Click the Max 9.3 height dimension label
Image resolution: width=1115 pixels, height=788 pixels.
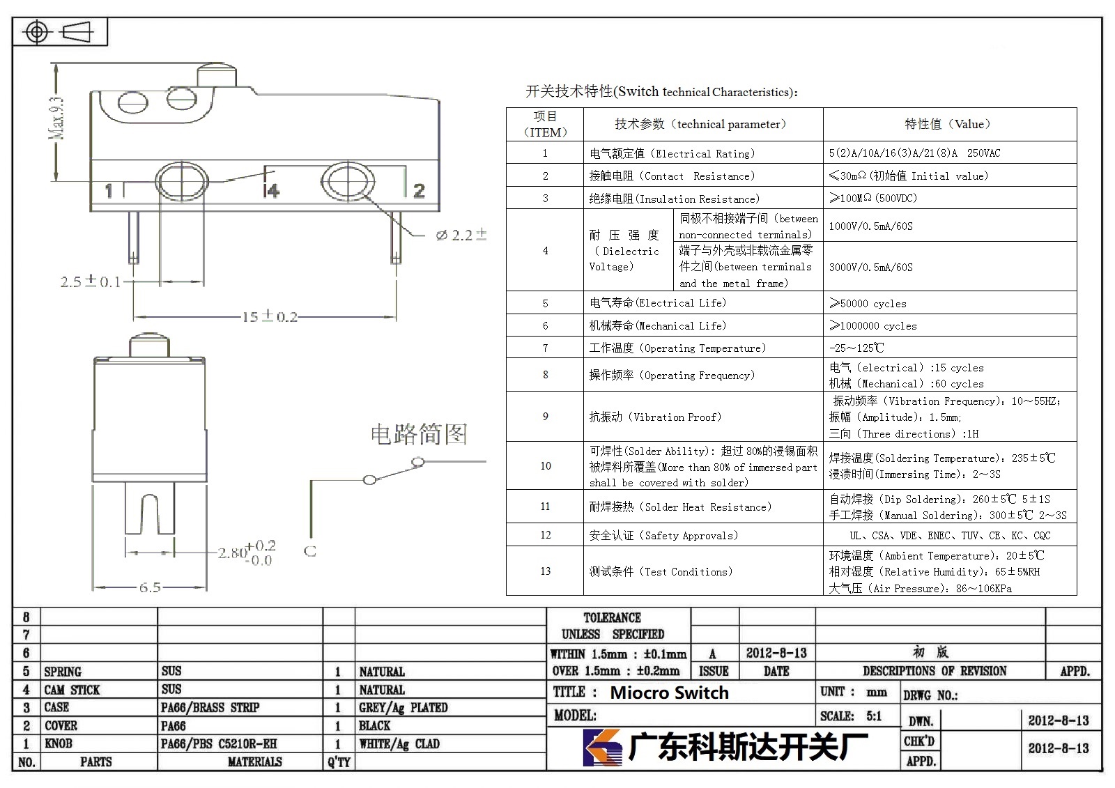pyautogui.click(x=56, y=118)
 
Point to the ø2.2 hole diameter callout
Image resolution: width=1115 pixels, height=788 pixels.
pyautogui.click(x=461, y=235)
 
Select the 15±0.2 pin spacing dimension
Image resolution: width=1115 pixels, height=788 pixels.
pyautogui.click(x=269, y=316)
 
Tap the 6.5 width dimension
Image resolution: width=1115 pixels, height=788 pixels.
pyautogui.click(x=150, y=587)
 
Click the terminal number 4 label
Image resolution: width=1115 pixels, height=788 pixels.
pyautogui.click(x=272, y=191)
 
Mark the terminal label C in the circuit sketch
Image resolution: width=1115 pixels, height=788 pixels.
pyautogui.click(x=309, y=551)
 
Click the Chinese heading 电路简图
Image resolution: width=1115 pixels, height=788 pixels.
pyautogui.click(x=419, y=434)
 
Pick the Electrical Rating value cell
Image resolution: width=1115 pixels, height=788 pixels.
pyautogui.click(x=950, y=153)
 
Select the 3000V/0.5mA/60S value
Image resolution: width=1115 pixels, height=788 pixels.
pyautogui.click(x=871, y=268)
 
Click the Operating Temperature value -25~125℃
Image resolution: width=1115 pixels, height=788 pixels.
pyautogui.click(x=856, y=348)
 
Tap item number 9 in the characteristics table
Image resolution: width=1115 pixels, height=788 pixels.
pyautogui.click(x=546, y=417)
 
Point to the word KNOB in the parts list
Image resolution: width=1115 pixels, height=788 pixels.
pyautogui.click(x=59, y=743)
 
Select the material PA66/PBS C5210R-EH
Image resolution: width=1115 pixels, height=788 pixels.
pyautogui.click(x=219, y=743)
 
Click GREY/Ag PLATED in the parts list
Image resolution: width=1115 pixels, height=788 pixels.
pyautogui.click(x=403, y=707)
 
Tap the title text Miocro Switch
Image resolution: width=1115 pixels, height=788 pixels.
pyautogui.click(x=670, y=693)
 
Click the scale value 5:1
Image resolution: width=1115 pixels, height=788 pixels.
pyautogui.click(x=874, y=716)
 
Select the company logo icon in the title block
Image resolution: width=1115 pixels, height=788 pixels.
pyautogui.click(x=602, y=747)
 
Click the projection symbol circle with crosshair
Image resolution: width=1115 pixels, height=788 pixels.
pyautogui.click(x=36, y=32)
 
